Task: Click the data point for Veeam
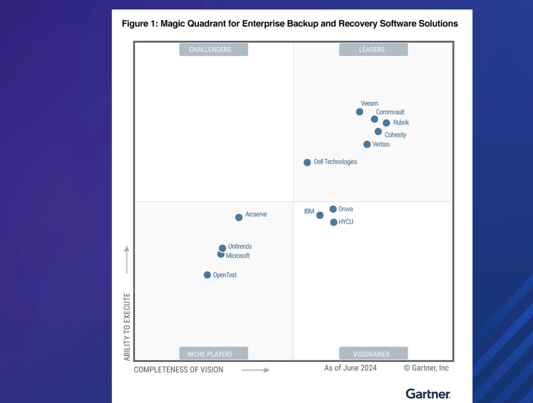359,112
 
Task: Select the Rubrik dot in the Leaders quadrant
386,123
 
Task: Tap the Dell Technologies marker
307,163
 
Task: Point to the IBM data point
320,215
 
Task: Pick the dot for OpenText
207,275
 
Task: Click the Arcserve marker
239,218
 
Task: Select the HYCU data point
334,223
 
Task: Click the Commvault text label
390,112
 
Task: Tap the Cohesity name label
395,135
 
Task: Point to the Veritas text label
381,144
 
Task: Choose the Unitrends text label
240,246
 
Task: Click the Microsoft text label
238,256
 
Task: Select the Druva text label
346,209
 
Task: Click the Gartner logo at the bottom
428,394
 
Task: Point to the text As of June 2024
350,368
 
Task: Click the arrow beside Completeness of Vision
256,370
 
